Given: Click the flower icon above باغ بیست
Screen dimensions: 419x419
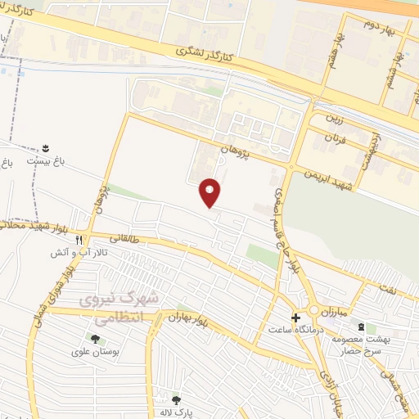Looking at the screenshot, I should click(46, 148).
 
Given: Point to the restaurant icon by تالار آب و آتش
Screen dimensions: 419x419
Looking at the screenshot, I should click(79, 241).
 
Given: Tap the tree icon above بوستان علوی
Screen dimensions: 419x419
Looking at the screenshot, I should click(95, 339).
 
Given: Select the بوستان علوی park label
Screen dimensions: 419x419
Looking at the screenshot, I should click(95, 352).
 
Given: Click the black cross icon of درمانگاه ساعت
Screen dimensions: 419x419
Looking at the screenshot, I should click(295, 317).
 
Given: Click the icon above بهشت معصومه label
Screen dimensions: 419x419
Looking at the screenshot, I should click(362, 327).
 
